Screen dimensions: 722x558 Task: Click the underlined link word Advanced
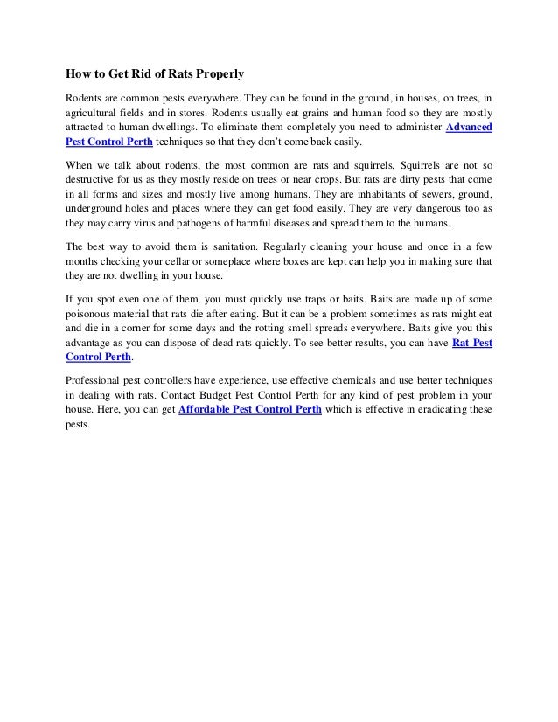coord(469,127)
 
